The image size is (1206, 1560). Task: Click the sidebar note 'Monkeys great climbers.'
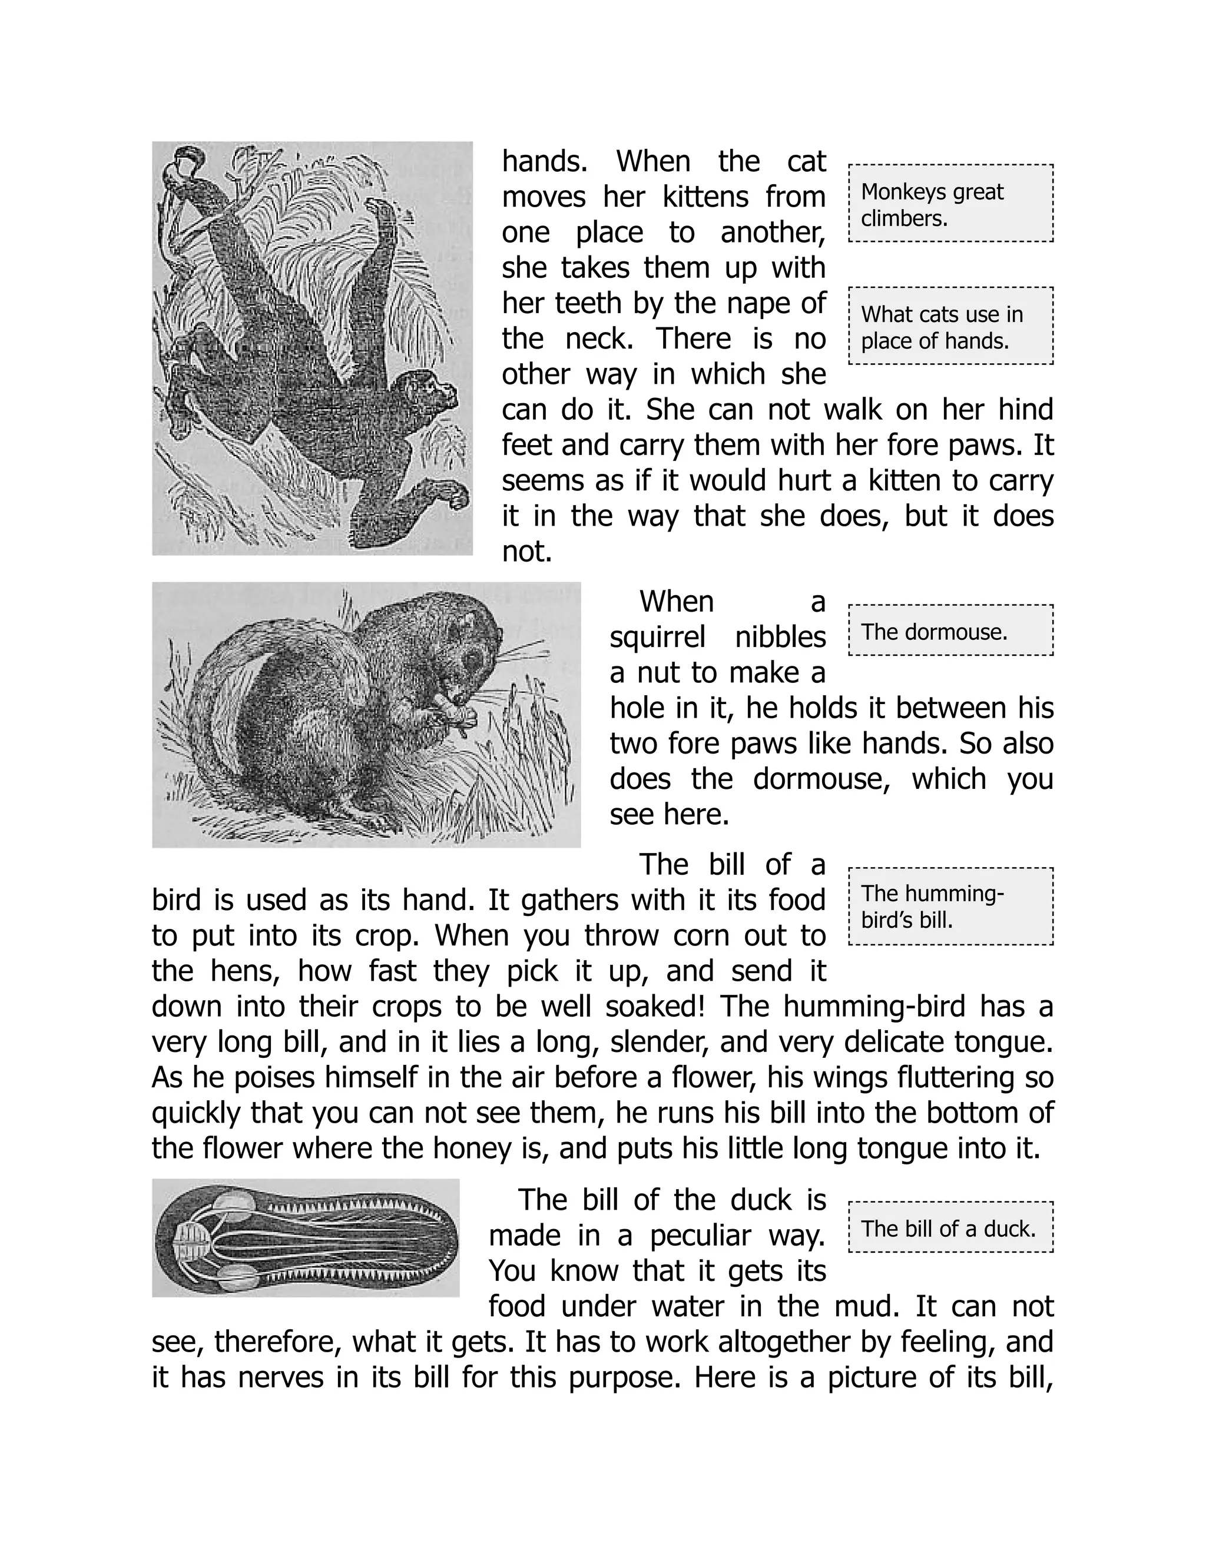tap(950, 204)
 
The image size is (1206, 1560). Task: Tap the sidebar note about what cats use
tap(950, 327)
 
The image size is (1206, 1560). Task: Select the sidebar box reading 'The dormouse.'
tap(950, 630)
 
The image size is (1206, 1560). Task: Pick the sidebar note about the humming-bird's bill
tap(950, 907)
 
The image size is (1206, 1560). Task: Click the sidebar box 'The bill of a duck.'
tap(950, 1228)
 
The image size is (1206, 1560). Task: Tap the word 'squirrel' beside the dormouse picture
tap(657, 636)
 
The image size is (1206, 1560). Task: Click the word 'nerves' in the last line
tap(280, 1376)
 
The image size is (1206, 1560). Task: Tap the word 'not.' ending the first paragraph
tap(526, 552)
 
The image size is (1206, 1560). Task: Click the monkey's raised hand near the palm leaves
tap(386, 214)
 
